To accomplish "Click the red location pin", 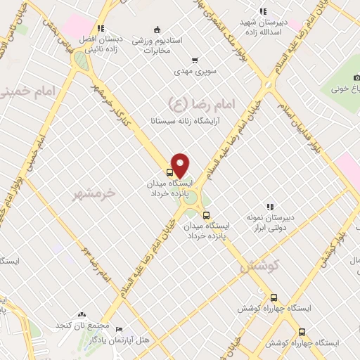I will pyautogui.click(x=181, y=164).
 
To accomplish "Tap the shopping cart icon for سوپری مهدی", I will pyautogui.click(x=195, y=60).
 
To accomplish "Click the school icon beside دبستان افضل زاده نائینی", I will pyautogui.click(x=101, y=29).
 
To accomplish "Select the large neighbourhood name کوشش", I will pyautogui.click(x=259, y=267).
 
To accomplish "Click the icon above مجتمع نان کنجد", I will pyautogui.click(x=83, y=314).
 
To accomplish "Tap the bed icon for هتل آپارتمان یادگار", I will pyautogui.click(x=119, y=329).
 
